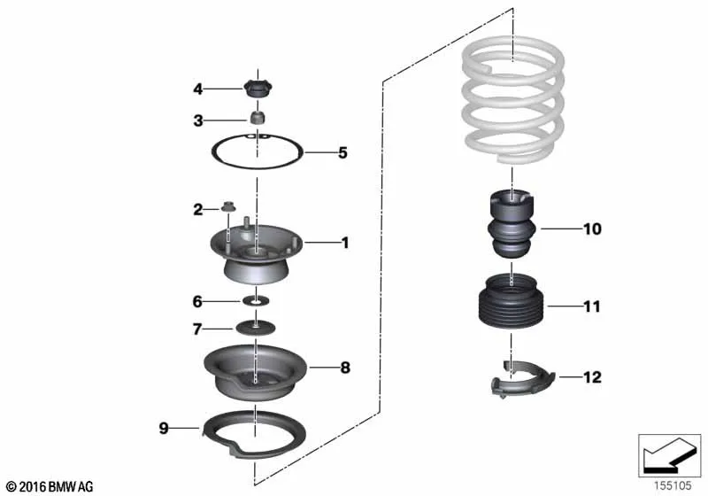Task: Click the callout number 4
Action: [197, 89]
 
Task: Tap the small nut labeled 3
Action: [258, 118]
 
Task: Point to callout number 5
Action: [342, 153]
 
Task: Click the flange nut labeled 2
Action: [228, 206]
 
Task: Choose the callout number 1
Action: [345, 243]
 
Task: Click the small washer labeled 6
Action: [256, 300]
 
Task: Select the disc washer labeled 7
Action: [256, 327]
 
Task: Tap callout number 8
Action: [345, 368]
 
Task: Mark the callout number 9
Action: [164, 428]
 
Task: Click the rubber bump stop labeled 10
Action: [512, 224]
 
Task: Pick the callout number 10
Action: [592, 229]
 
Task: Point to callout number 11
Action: [592, 306]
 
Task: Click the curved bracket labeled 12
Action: [522, 379]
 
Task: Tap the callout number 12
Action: [592, 377]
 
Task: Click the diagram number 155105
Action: [673, 485]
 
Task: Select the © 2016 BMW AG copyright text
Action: [50, 486]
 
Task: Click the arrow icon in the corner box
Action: [667, 455]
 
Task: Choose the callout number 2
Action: [197, 210]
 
